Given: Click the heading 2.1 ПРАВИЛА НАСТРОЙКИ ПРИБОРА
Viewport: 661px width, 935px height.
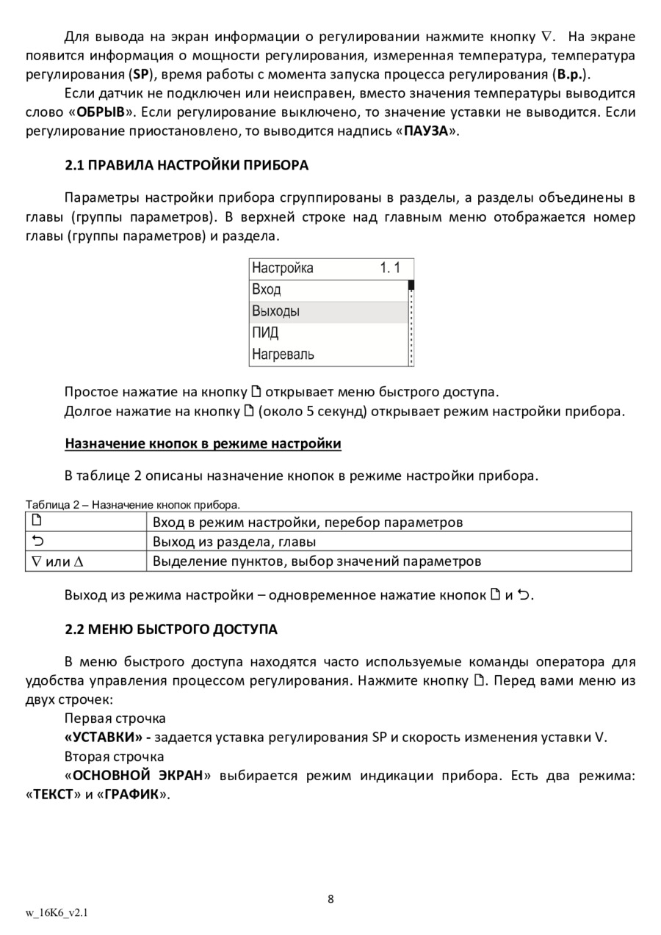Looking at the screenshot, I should tap(187, 165).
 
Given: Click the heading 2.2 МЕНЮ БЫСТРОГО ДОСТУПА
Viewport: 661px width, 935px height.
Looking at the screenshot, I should tap(171, 630).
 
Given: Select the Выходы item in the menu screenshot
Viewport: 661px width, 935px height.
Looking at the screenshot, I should tap(276, 311).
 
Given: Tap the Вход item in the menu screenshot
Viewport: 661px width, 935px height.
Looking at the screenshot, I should tap(266, 289).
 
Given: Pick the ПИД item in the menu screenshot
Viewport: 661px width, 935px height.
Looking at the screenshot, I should tap(265, 332).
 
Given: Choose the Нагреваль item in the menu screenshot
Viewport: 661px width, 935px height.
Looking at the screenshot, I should tap(283, 354).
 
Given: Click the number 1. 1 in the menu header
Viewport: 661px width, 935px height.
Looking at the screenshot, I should tap(390, 268).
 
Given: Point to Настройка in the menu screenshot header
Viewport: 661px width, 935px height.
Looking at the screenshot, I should tap(282, 268).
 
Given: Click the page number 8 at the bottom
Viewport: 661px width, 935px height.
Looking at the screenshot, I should tap(330, 899).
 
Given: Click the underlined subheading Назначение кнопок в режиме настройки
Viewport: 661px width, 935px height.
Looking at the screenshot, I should tap(203, 443).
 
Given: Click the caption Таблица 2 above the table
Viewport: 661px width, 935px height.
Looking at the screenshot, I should tap(132, 505).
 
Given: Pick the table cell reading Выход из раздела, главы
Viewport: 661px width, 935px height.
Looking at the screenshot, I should tap(234, 542).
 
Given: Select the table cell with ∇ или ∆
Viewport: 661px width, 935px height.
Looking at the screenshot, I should tap(55, 561).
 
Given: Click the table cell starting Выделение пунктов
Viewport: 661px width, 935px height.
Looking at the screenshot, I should tap(317, 561).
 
